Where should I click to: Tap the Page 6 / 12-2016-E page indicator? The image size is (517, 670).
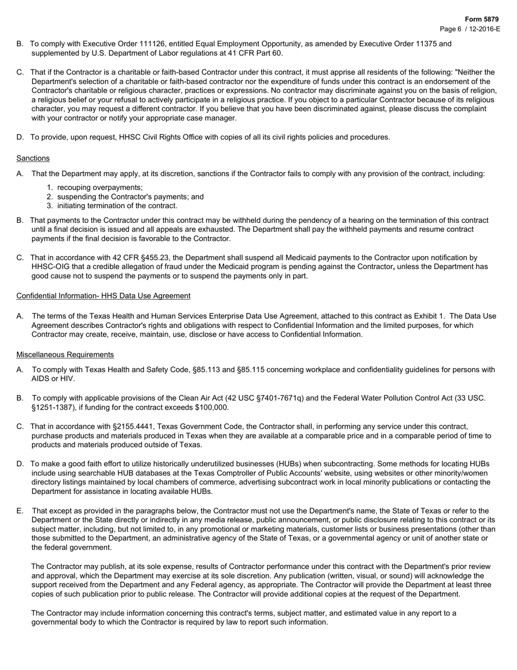coord(470,29)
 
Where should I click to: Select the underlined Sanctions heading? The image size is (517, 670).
coord(33,158)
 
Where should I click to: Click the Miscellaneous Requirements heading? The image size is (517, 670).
coord(65,355)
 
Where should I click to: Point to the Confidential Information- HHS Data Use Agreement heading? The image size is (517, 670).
coord(103,296)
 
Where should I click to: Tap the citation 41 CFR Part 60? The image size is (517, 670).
coord(254,53)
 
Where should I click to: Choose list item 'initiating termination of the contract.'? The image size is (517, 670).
coord(117,205)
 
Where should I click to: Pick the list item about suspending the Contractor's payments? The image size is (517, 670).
coord(130,197)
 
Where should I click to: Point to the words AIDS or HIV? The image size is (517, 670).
coord(53,379)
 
